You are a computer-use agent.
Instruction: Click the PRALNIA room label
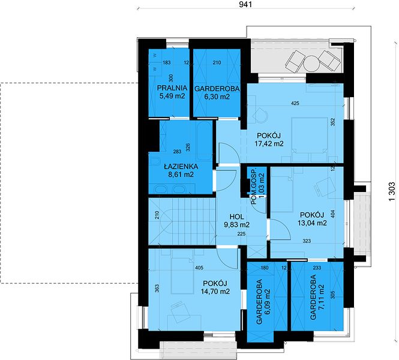click(172, 88)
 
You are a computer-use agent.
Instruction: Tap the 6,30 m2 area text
click(217, 97)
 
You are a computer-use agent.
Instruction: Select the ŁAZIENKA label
click(181, 166)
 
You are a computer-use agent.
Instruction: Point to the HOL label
click(236, 217)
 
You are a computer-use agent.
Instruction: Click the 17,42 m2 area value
click(269, 143)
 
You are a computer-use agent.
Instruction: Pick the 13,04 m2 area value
click(312, 223)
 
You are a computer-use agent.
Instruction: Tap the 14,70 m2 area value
click(215, 292)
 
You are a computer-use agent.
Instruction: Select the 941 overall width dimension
click(245, 4)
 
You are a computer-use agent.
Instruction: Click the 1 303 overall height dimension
click(392, 191)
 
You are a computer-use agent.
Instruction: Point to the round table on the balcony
click(311, 64)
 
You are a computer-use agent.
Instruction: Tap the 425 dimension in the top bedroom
click(295, 103)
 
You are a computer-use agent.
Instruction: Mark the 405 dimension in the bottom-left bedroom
click(199, 268)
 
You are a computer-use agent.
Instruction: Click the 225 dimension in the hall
click(241, 233)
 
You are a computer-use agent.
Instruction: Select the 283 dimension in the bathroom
click(177, 152)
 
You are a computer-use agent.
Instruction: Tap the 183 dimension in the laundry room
click(166, 62)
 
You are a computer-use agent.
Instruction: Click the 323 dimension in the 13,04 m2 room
click(307, 241)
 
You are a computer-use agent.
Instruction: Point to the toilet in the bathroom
click(154, 162)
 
